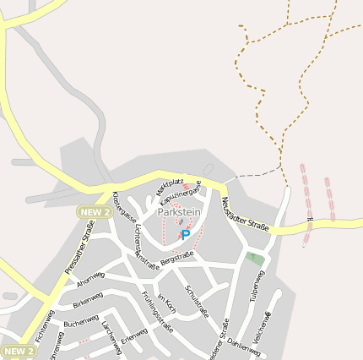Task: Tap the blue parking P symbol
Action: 186,235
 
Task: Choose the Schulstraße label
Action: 197,301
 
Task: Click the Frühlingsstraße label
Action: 158,312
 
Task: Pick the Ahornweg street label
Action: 89,280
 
